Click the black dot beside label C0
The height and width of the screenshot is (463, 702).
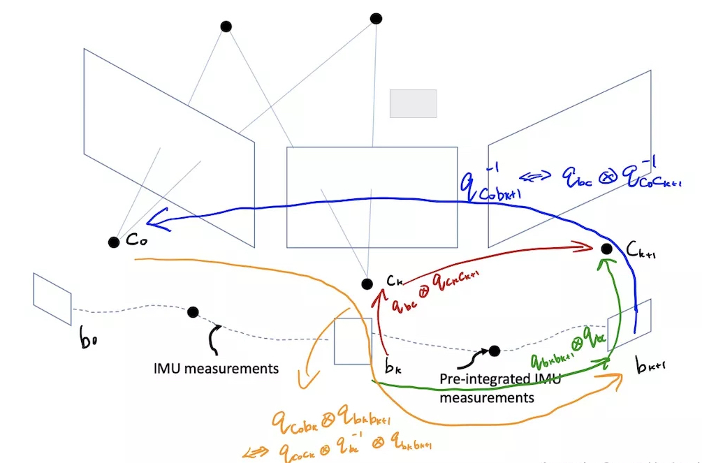tap(114, 242)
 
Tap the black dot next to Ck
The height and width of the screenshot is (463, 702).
tap(367, 284)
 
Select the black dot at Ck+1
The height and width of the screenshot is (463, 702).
tap(606, 249)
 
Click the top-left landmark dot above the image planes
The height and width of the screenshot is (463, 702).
tap(226, 27)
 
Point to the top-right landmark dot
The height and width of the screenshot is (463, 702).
tap(376, 18)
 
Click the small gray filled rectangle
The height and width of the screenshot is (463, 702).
tap(413, 103)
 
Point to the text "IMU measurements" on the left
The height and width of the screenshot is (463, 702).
tap(215, 368)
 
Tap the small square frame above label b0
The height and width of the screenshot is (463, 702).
tap(52, 299)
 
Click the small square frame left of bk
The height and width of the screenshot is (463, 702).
tap(353, 341)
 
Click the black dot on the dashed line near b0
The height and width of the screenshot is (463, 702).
tap(193, 312)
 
